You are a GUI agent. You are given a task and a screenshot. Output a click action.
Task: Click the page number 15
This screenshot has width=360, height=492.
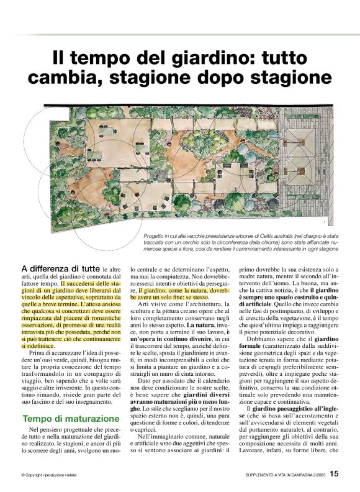point(334,474)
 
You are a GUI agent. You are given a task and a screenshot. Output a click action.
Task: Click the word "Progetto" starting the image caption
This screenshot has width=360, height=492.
point(156,237)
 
